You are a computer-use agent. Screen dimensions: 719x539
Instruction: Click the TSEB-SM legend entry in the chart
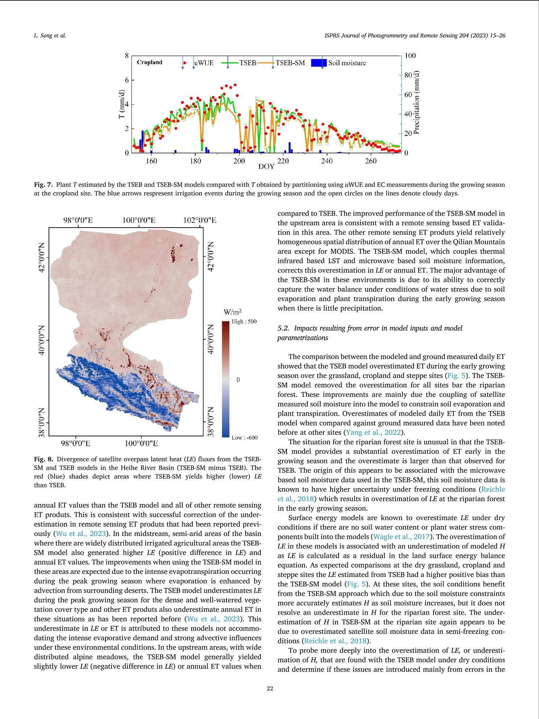pyautogui.click(x=290, y=63)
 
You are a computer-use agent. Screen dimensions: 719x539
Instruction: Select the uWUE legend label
pyautogui.click(x=204, y=63)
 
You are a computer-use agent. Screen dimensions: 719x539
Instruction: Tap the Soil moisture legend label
pyautogui.click(x=347, y=63)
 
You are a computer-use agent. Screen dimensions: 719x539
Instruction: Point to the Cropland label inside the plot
pyautogui.click(x=150, y=62)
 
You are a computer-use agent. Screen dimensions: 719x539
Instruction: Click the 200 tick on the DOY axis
pyautogui.click(x=239, y=161)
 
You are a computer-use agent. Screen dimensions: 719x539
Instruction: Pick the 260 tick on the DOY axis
pyautogui.click(x=371, y=161)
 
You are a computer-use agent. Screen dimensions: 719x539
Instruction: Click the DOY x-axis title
pyautogui.click(x=266, y=167)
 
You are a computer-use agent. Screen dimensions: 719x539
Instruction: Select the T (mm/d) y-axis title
pyautogui.click(x=122, y=105)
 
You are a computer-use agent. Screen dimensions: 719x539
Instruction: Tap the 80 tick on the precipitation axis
pyautogui.click(x=408, y=75)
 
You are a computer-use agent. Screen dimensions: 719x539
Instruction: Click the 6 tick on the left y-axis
pyautogui.click(x=127, y=80)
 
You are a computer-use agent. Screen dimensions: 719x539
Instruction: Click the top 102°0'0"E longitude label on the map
pyautogui.click(x=199, y=220)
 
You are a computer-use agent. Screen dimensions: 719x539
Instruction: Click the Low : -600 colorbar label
pyautogui.click(x=244, y=437)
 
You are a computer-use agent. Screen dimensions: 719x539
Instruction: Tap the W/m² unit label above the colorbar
pyautogui.click(x=233, y=312)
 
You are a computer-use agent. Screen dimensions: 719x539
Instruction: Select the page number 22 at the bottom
pyautogui.click(x=269, y=689)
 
